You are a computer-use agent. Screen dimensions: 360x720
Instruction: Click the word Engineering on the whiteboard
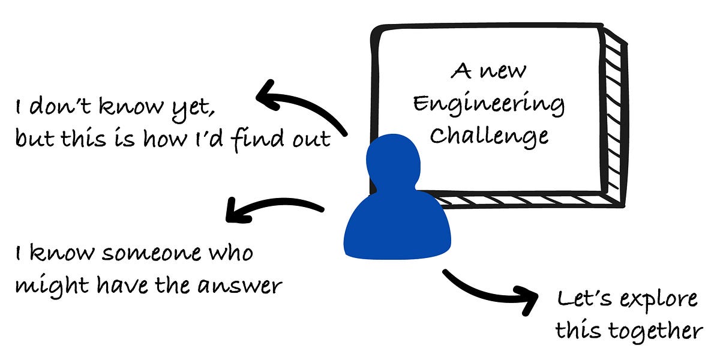pos(488,104)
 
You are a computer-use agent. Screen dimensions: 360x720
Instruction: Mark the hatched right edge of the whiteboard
pos(614,114)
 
